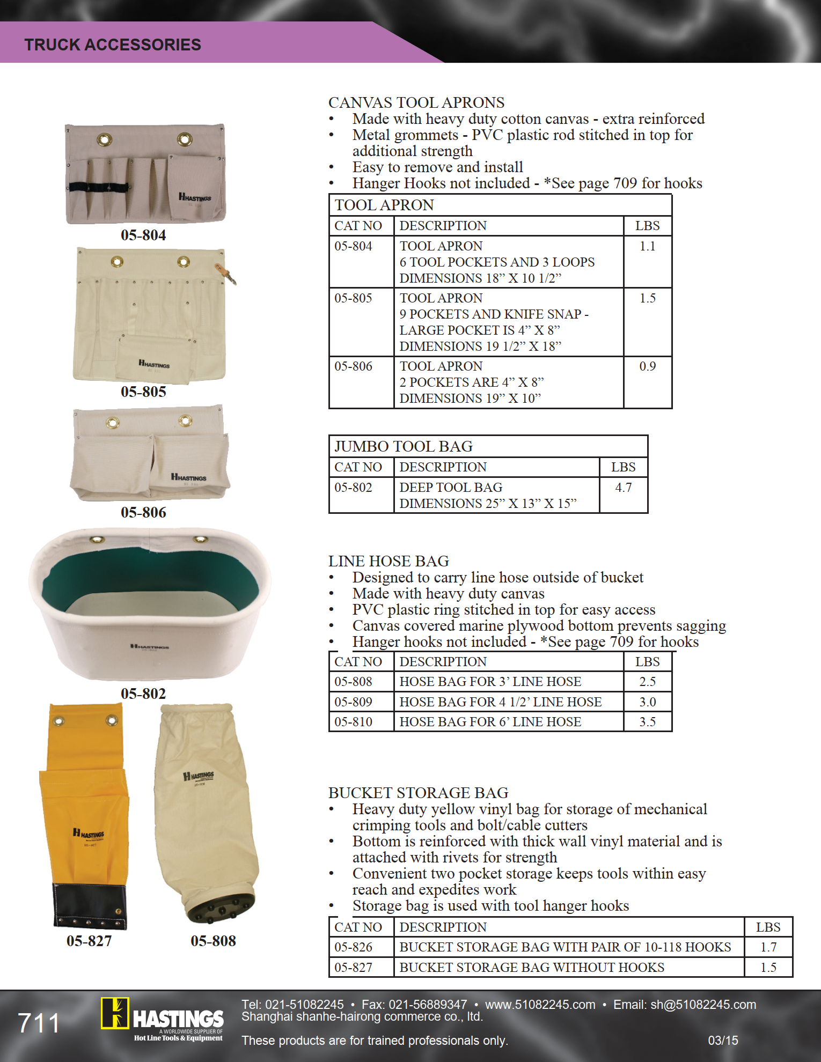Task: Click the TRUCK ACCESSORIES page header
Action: (x=113, y=45)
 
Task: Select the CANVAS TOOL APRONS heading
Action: (x=416, y=102)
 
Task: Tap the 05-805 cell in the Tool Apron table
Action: (x=353, y=298)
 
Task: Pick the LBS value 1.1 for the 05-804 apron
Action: (x=647, y=246)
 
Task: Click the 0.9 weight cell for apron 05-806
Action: (x=647, y=366)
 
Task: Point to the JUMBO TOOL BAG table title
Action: (x=404, y=446)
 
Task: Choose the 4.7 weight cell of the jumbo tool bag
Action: (x=623, y=488)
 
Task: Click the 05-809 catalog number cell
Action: (x=353, y=702)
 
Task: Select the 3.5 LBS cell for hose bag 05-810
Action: (x=647, y=722)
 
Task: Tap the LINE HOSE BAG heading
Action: (x=388, y=561)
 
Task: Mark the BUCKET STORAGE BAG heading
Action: (x=419, y=793)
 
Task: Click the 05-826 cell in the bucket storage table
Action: (x=353, y=947)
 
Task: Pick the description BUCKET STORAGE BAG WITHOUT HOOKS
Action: (x=532, y=968)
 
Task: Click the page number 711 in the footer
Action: (x=39, y=1023)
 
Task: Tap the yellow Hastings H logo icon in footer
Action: (x=115, y=1013)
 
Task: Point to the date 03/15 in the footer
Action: (x=723, y=1041)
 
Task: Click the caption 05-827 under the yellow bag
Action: (x=89, y=941)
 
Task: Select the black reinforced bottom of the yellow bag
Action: (x=90, y=906)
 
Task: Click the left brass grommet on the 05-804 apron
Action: (x=104, y=141)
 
